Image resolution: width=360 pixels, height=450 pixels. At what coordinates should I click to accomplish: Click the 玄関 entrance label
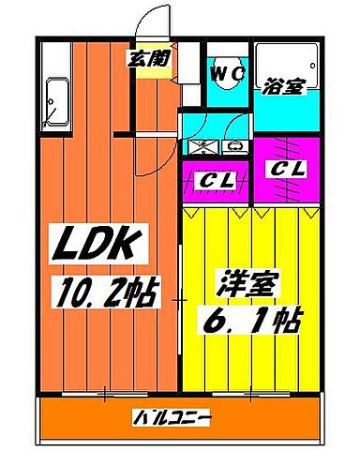(x=148, y=57)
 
